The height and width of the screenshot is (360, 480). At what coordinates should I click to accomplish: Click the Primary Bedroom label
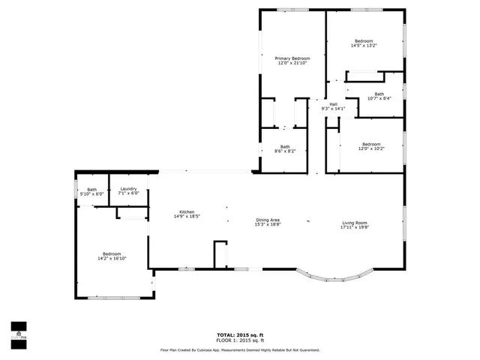[x=292, y=58]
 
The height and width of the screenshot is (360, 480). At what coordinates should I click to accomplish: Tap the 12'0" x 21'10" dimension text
[x=292, y=63]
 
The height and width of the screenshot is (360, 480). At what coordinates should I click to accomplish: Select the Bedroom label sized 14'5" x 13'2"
[x=364, y=40]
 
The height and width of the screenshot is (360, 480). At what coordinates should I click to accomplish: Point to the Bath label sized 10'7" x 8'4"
[x=379, y=94]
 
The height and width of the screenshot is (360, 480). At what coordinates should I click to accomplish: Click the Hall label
[x=332, y=104]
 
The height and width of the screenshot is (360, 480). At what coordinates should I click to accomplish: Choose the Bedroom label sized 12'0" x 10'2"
[x=371, y=144]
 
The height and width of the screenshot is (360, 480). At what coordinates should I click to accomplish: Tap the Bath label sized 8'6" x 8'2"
[x=285, y=146]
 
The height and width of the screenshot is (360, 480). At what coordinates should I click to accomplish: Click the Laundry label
[x=128, y=189]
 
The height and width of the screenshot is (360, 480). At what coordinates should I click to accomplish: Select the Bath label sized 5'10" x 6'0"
[x=91, y=189]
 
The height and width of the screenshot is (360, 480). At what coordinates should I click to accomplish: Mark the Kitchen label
[x=187, y=211]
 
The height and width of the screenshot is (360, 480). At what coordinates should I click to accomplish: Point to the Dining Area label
[x=267, y=219]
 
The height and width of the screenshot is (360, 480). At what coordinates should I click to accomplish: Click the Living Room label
[x=355, y=223]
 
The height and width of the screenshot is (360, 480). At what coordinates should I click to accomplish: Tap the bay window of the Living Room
[x=334, y=279]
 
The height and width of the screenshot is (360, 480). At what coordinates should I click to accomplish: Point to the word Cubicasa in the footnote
[x=227, y=349]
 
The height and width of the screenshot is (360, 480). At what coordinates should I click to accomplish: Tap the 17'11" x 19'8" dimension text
[x=355, y=228]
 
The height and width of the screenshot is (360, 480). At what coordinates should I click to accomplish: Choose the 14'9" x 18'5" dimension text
[x=187, y=217]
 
